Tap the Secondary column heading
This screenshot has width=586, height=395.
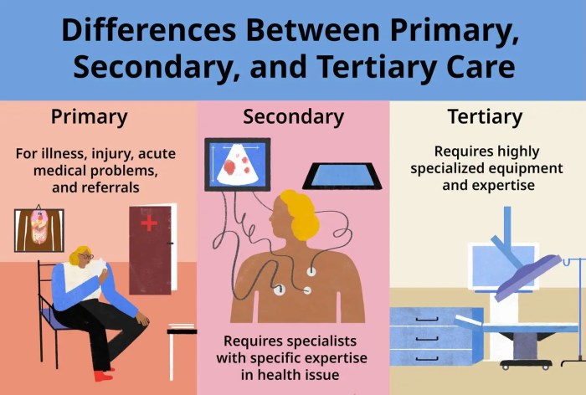tap(293, 116)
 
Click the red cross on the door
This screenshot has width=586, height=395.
tap(149, 223)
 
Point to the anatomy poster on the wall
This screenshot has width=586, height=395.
tap(39, 230)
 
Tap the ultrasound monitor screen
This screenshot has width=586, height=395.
tap(237, 165)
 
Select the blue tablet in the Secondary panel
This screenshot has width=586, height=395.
tap(342, 175)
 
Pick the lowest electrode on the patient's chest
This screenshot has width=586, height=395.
tap(280, 290)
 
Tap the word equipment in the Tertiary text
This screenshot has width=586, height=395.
tap(520, 168)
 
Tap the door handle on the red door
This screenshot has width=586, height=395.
tap(171, 244)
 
